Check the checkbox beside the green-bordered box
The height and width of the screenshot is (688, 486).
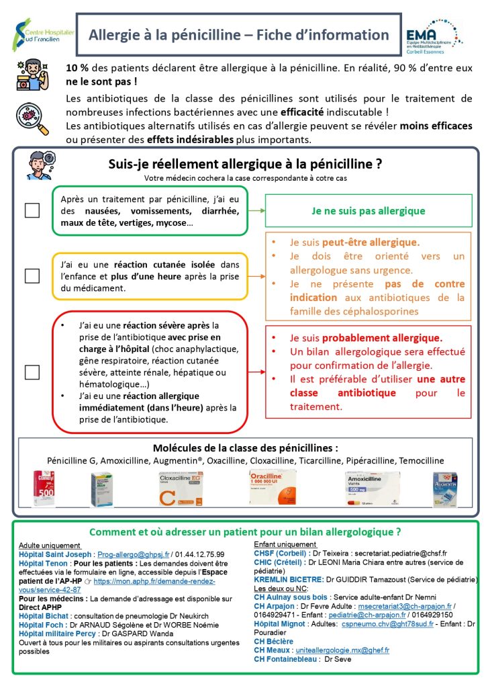point(32,210)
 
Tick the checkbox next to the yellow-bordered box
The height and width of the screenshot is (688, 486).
point(32,275)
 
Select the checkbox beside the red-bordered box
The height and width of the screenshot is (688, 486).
point(32,371)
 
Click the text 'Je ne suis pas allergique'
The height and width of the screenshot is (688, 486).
point(369,210)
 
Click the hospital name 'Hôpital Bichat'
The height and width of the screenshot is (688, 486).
point(43,615)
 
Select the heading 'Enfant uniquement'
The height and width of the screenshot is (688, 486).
point(285,544)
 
